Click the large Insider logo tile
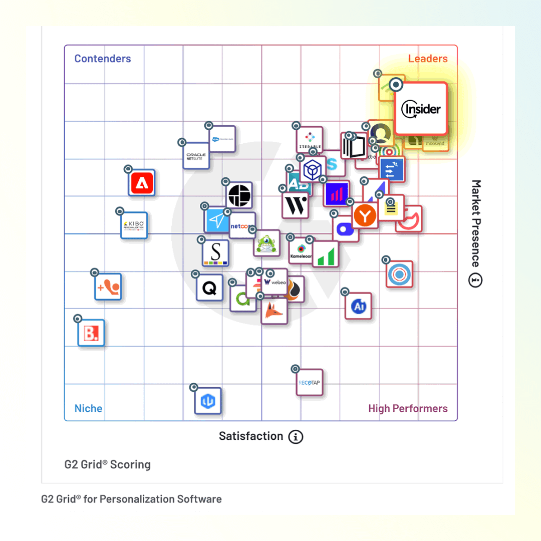(421, 109)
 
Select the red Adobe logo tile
(142, 183)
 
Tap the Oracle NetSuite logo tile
(196, 156)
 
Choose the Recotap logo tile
(309, 383)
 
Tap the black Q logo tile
(209, 288)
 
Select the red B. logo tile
(91, 333)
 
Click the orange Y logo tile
(365, 216)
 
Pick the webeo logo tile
(275, 282)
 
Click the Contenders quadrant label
(103, 59)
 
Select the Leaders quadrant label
(428, 59)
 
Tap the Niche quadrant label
(88, 408)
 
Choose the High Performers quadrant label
(408, 408)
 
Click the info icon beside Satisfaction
(296, 437)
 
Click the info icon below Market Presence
(475, 281)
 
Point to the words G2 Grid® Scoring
(107, 464)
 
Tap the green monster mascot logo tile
(266, 243)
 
